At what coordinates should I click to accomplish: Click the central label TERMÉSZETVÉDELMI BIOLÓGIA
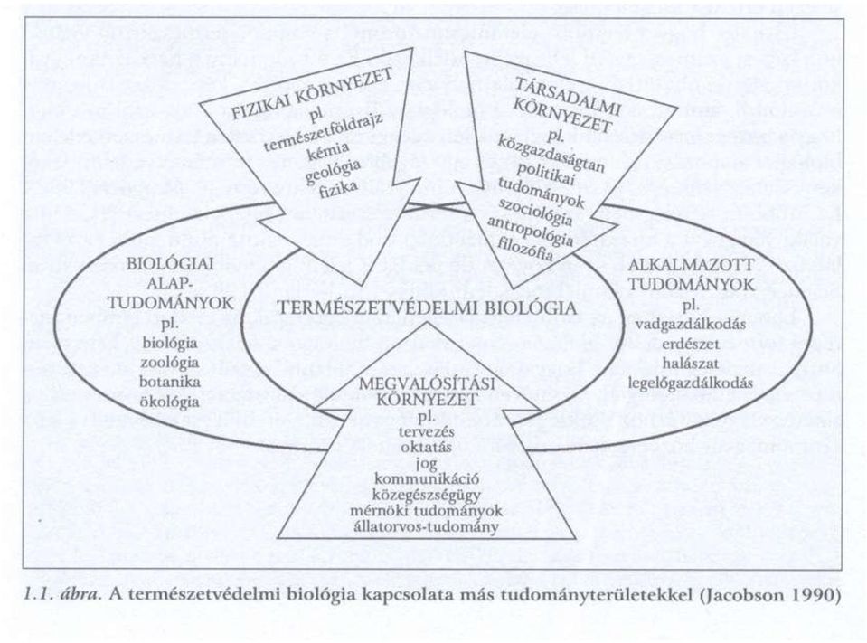coord(427,308)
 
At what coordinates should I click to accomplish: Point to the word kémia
coord(330,153)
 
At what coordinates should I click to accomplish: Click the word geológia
coord(333,172)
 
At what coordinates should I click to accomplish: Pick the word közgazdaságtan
coord(551,156)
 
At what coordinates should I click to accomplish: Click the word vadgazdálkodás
coord(691,325)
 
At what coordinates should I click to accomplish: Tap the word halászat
coord(692,364)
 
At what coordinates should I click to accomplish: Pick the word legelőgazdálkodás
coord(691,383)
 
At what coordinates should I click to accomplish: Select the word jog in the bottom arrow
coord(426,462)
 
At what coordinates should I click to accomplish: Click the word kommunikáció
coord(427,478)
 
